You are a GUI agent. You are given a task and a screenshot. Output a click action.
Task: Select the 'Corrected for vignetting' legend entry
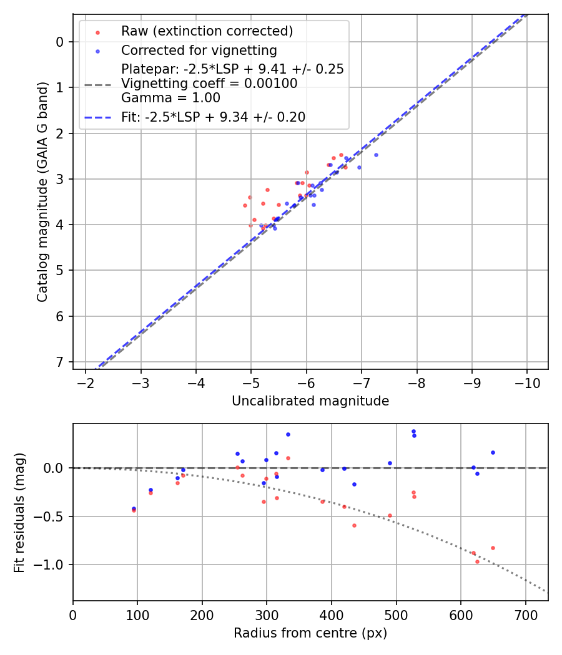coord(199,50)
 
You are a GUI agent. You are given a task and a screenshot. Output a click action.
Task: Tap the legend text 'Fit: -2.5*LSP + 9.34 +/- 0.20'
coord(213,117)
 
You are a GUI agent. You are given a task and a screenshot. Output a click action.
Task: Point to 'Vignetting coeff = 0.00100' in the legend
coord(209,84)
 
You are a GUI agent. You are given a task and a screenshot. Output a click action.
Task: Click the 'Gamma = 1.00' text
coord(170,98)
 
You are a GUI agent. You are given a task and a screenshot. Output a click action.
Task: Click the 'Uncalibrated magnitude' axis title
coord(310,401)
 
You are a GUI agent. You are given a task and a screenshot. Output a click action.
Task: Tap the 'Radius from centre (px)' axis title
coord(310,633)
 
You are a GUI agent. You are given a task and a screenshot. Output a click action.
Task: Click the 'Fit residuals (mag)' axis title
coord(20,512)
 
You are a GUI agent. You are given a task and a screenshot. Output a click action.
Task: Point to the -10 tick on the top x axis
coord(526,382)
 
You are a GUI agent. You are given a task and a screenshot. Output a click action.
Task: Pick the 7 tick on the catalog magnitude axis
coord(60,362)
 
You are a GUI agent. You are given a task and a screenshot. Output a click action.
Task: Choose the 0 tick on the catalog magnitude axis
coord(60,42)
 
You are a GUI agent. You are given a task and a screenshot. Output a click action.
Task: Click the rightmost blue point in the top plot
coord(376,155)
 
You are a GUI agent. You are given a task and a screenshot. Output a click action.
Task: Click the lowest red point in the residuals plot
coord(477,561)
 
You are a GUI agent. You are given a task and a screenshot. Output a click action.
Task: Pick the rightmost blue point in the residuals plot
coord(493,452)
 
